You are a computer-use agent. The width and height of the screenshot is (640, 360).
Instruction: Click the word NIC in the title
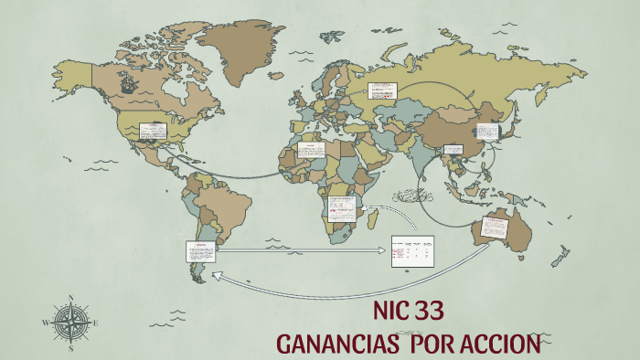pyautogui.click(x=390, y=311)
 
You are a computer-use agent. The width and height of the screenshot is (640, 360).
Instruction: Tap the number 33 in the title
pyautogui.click(x=429, y=311)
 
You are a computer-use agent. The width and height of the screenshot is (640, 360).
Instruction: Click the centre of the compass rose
pyautogui.click(x=70, y=322)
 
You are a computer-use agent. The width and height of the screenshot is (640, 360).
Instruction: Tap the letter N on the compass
pyautogui.click(x=70, y=297)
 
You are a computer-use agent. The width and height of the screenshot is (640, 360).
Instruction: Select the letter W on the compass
pyautogui.click(x=45, y=323)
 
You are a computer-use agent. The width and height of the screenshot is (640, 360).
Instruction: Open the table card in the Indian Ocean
pyautogui.click(x=412, y=250)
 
